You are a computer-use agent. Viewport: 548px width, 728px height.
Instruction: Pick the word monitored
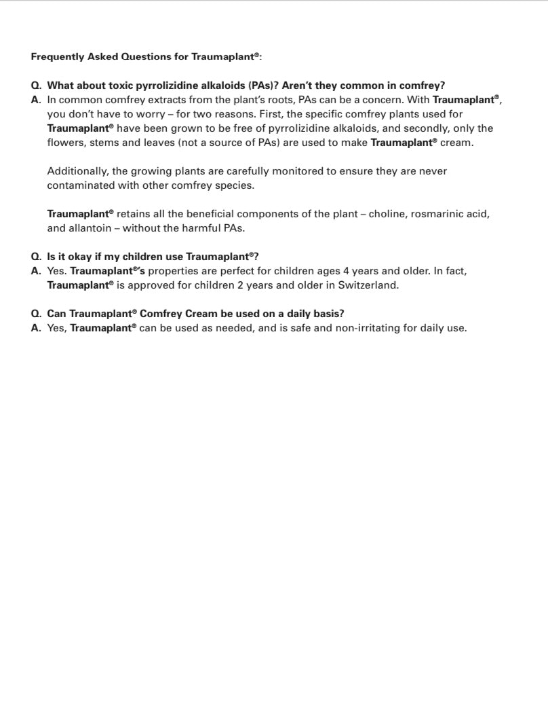click(292, 171)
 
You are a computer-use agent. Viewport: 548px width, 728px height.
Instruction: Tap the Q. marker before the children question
click(37, 257)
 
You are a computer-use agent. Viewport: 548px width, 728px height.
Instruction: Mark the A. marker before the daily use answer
click(37, 329)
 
